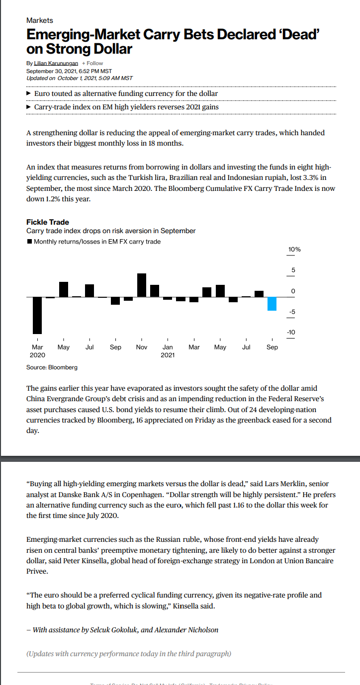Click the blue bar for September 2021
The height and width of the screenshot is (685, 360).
pos(271,304)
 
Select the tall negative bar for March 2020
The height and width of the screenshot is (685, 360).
pos(37,315)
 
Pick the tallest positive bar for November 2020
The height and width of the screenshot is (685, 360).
pos(142,285)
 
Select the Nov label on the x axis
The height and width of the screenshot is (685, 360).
pos(142,347)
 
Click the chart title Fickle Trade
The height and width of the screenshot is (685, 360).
pos(47,222)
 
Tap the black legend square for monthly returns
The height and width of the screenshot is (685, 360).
pos(29,242)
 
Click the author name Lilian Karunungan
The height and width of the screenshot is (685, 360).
pos(56,63)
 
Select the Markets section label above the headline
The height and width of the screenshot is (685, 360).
pos(39,20)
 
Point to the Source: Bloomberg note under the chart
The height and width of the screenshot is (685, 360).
pos(52,367)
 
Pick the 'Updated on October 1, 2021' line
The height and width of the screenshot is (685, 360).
pos(79,78)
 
